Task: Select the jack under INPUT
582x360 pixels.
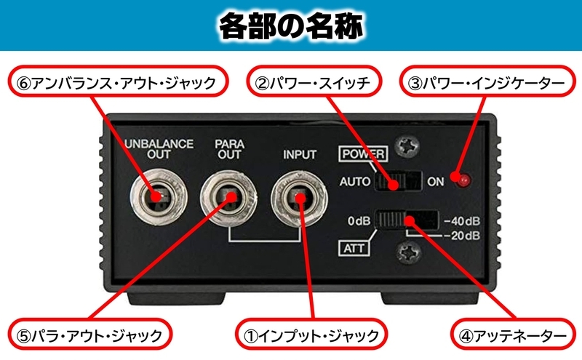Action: [x=299, y=193]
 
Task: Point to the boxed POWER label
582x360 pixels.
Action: [x=364, y=154]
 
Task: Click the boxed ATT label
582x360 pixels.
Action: [x=354, y=249]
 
